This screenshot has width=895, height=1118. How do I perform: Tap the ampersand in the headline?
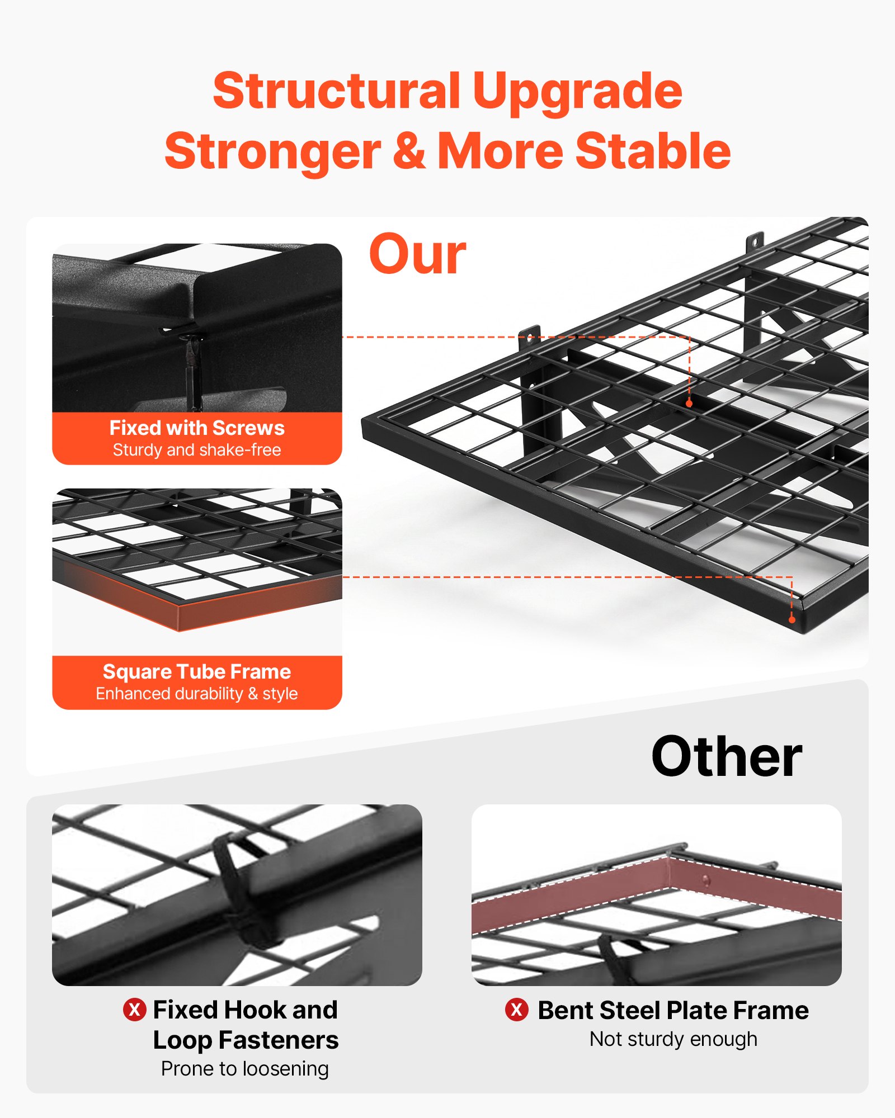pos(409,151)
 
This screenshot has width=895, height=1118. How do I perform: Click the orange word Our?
pos(417,255)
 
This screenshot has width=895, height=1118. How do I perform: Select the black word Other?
pos(726,757)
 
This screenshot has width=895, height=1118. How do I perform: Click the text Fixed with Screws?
pos(197,428)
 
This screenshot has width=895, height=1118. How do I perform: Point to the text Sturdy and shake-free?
pos(197,450)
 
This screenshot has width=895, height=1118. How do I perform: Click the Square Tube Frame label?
pos(197,671)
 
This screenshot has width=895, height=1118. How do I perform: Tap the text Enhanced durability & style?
pos(197,694)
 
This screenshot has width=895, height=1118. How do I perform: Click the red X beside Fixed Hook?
pos(134,1010)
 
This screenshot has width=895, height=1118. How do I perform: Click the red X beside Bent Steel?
pos(516,1010)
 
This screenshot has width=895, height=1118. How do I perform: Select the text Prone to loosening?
pos(245,1069)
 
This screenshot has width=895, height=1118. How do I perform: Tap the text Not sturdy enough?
pos(673,1039)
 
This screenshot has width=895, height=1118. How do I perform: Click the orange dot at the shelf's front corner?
pos(792,619)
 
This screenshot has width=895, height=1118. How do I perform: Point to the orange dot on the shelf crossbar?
pos(689,403)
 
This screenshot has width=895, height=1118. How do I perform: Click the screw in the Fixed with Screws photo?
pos(192,363)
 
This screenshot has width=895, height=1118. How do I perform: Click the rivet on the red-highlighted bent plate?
pos(706,880)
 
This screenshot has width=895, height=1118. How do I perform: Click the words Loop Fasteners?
pos(246,1040)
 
